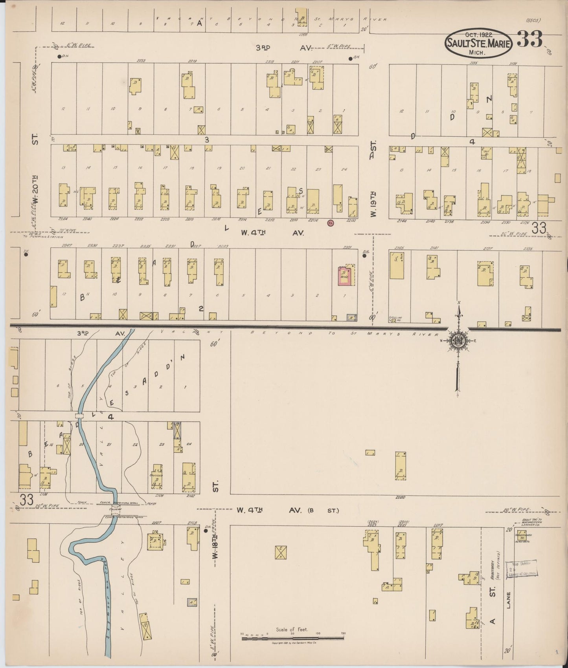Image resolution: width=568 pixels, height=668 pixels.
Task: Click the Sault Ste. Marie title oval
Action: [x=478, y=44]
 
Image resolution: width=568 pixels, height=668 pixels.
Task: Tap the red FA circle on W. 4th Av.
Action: [x=330, y=223]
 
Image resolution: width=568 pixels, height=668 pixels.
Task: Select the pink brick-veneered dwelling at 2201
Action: [x=345, y=276]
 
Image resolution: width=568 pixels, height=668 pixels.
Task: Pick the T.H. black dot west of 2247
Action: [x=26, y=254]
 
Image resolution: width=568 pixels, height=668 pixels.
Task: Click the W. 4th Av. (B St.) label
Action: [x=287, y=511]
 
